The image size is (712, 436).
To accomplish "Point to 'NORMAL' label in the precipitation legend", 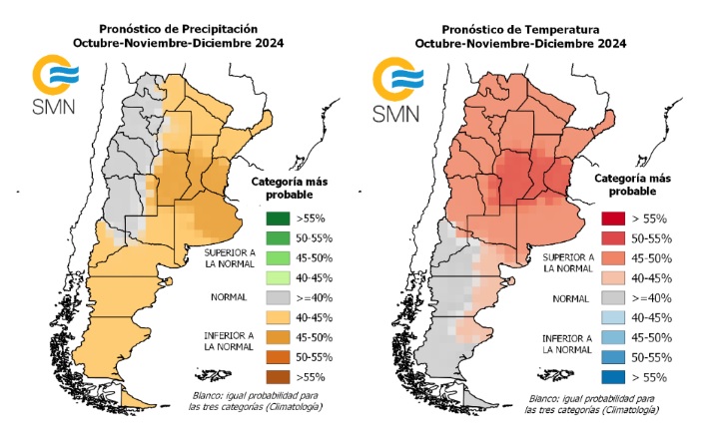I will coord(230,297).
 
